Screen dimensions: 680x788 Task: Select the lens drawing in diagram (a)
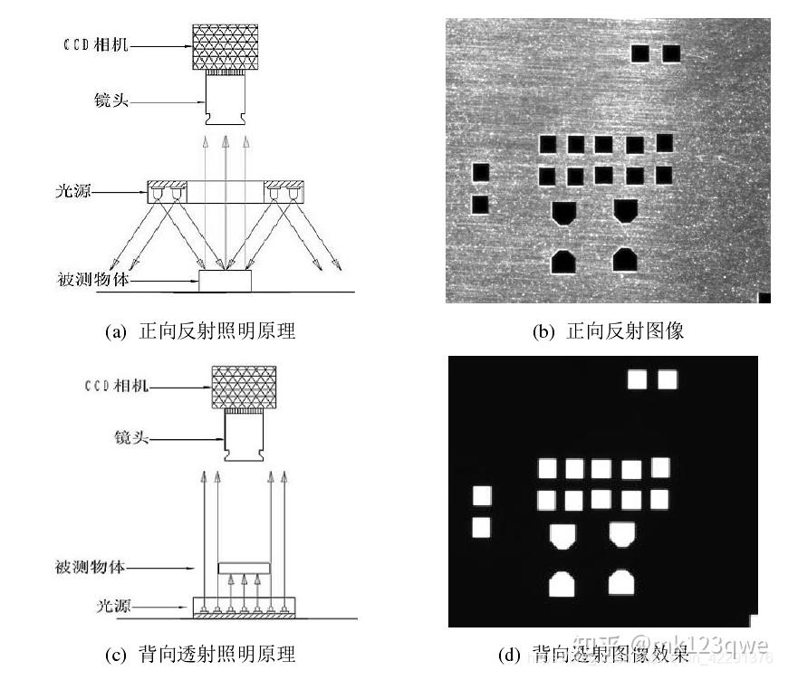[226, 102]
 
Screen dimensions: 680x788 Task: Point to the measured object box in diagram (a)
[226, 281]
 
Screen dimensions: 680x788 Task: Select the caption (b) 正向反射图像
[608, 331]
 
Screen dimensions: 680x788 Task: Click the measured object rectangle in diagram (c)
[245, 568]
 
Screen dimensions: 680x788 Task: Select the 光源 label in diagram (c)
[111, 604]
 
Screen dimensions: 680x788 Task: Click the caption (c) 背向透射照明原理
[205, 654]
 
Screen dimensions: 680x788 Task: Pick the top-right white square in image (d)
[668, 379]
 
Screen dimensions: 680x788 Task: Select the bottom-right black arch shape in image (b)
[624, 260]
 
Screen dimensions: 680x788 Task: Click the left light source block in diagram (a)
[167, 192]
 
